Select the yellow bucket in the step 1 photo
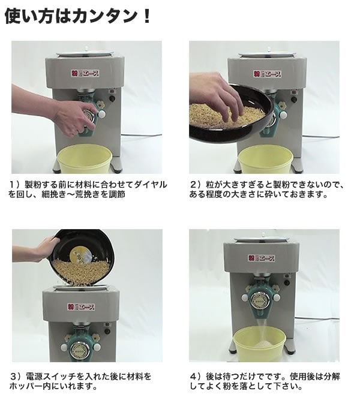pos(84,159)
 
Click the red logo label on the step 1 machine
pos(88,73)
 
